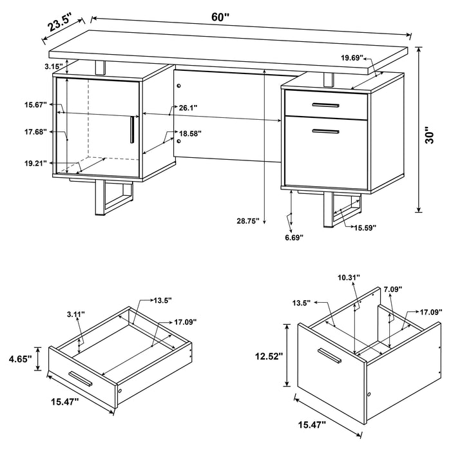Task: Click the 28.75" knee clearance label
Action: (x=247, y=221)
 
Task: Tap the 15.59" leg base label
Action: (x=364, y=227)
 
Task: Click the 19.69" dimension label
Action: (x=352, y=58)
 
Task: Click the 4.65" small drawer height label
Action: (x=20, y=358)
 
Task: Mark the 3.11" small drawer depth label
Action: (x=76, y=314)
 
